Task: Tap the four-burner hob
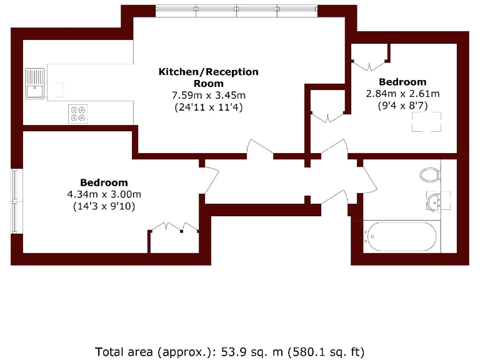pos(78,112)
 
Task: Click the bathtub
pos(401,236)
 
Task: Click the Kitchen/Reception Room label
pos(208,77)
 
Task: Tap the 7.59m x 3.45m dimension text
pos(209,95)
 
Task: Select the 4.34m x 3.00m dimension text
pos(104,194)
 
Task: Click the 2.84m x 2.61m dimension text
pos(402,94)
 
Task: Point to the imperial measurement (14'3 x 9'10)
pos(104,206)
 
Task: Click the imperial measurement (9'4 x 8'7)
pos(402,106)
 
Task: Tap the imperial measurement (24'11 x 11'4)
pos(209,107)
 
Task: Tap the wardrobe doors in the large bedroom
pos(173,227)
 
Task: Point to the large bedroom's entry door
pos(211,181)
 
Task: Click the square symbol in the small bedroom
pos(427,122)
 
